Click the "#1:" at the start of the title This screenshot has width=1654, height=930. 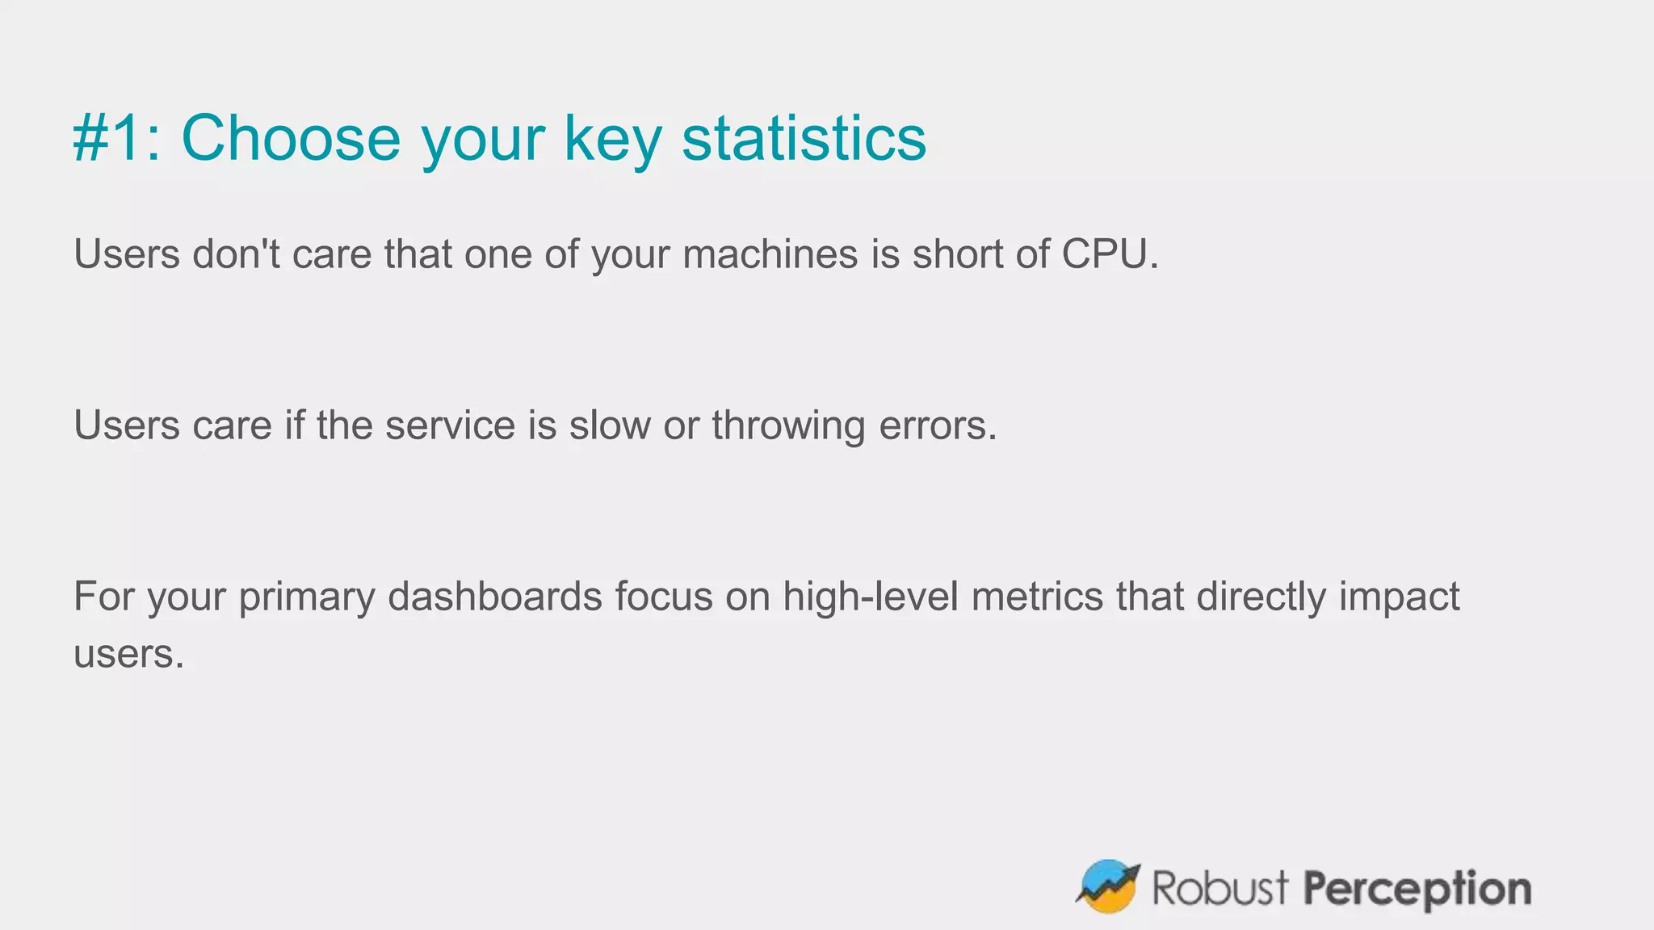click(x=116, y=139)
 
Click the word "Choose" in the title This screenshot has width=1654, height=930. click(x=291, y=139)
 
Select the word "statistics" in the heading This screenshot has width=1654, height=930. click(x=804, y=139)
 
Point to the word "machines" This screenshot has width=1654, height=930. click(x=770, y=254)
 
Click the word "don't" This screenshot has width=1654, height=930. click(x=236, y=254)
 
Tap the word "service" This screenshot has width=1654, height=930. click(x=450, y=425)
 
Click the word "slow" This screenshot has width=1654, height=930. click(x=609, y=425)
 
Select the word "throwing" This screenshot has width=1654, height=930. click(x=788, y=425)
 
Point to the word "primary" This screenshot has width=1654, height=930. click(x=306, y=597)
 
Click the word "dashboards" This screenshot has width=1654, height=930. click(x=494, y=597)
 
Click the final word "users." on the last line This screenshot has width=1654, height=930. click(x=128, y=654)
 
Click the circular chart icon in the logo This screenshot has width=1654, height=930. click(x=1108, y=886)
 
